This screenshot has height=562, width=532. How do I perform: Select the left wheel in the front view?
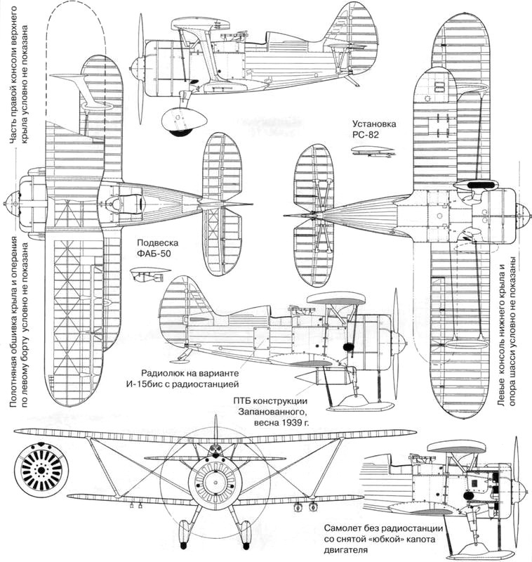point(184,532)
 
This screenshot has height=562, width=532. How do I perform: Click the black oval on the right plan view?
point(480,184)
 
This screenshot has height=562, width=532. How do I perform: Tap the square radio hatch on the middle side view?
point(263,338)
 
